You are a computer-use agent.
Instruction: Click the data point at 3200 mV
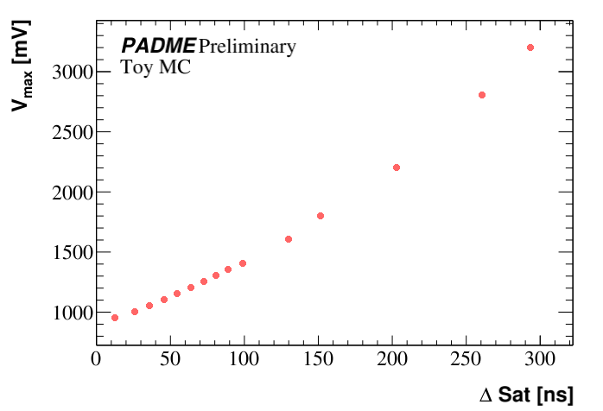pyautogui.click(x=530, y=47)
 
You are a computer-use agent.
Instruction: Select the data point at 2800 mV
pyautogui.click(x=482, y=95)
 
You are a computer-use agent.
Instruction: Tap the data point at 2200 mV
pyautogui.click(x=397, y=168)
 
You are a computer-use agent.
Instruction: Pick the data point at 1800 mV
pyautogui.click(x=321, y=216)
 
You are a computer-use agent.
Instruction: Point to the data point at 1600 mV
pyautogui.click(x=289, y=239)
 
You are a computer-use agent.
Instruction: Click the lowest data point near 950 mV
pyautogui.click(x=115, y=318)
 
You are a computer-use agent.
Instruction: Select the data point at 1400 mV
pyautogui.click(x=243, y=263)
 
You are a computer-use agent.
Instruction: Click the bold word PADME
pyautogui.click(x=158, y=47)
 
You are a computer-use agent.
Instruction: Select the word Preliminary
pyautogui.click(x=247, y=47)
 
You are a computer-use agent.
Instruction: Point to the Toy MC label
pyautogui.click(x=156, y=67)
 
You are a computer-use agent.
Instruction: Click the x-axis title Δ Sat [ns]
pyautogui.click(x=525, y=395)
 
